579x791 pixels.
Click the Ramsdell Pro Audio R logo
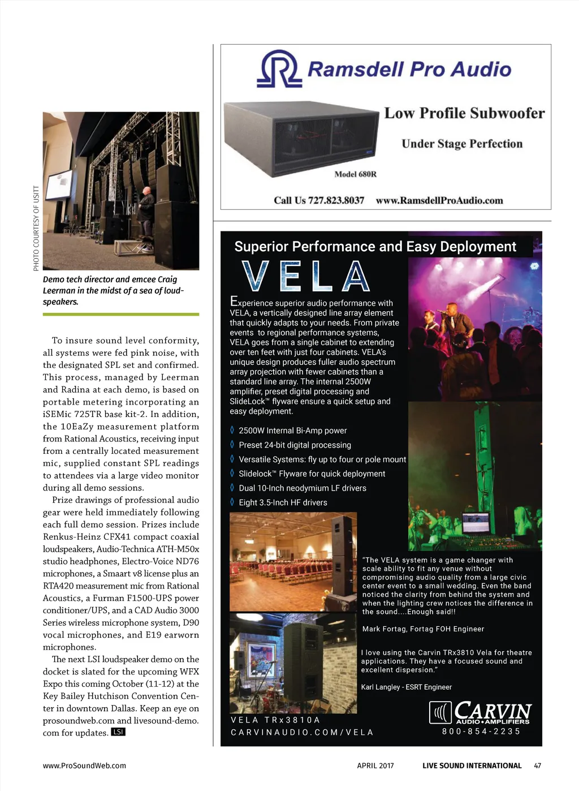279,69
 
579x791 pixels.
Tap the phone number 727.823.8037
319,200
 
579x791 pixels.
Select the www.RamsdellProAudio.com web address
439,200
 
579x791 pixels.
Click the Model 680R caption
355,174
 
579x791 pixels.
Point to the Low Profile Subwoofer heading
464,113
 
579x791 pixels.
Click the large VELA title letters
305,277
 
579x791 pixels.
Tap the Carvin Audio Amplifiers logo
480,712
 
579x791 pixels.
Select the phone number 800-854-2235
481,731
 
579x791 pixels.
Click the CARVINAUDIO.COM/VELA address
302,732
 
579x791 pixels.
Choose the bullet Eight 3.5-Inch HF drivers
283,502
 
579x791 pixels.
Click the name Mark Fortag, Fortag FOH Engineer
423,629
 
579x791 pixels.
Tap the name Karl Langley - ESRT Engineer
406,687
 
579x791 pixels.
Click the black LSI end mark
118,732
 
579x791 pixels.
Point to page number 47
537,766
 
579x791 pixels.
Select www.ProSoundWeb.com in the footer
84,766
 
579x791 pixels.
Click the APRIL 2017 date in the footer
375,766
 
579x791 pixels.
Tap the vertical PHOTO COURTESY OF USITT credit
36,228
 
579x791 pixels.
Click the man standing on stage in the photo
146,218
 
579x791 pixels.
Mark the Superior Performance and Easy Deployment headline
375,247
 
